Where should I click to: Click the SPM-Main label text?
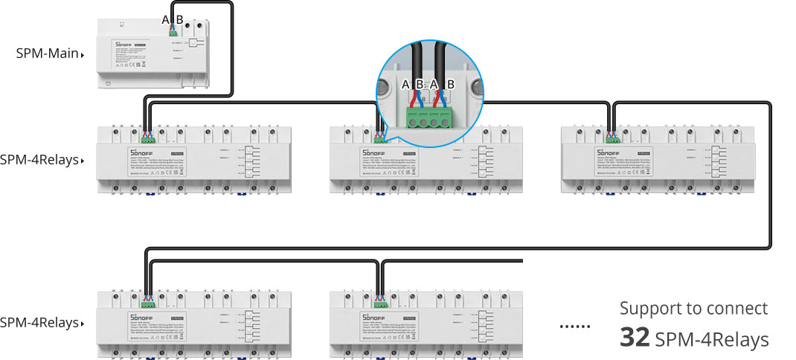[x=47, y=54]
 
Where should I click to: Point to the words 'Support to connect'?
[x=693, y=309]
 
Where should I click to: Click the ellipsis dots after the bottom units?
[x=574, y=326]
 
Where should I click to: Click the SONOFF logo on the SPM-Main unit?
[x=123, y=45]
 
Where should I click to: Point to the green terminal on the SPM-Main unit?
[x=174, y=31]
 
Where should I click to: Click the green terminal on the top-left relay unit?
[x=147, y=138]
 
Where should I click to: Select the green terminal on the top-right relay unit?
[x=614, y=138]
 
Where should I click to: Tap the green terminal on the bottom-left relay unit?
[x=147, y=301]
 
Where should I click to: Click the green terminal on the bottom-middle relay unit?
[x=380, y=301]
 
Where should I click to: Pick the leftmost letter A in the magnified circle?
[x=405, y=85]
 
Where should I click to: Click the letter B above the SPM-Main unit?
[x=179, y=20]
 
